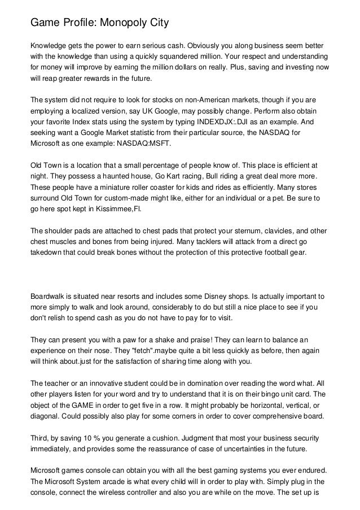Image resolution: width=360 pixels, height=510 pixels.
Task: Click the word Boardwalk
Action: click(49, 296)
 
